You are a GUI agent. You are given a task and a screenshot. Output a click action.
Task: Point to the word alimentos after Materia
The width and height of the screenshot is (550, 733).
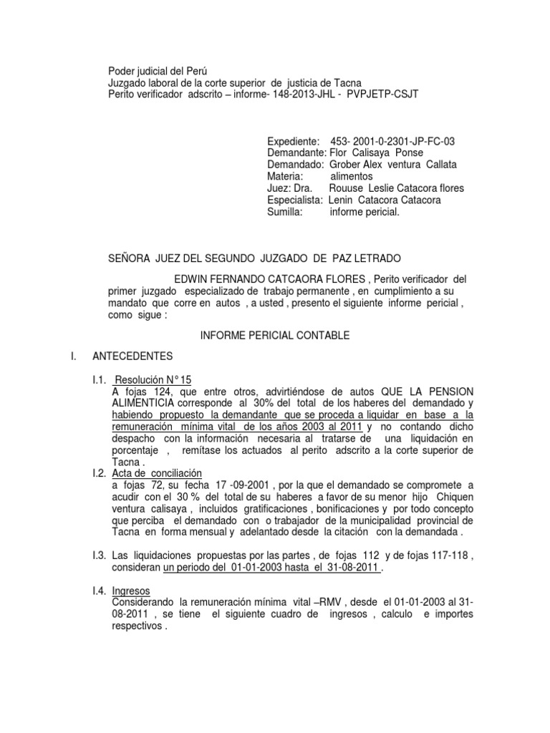tap(352, 176)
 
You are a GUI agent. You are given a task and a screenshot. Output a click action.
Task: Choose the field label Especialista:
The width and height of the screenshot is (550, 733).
tap(295, 200)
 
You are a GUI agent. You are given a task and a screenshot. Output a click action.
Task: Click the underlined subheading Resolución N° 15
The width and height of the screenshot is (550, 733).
tap(153, 380)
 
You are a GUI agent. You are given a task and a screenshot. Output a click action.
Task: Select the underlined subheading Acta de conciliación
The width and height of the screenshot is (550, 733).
tap(158, 473)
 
